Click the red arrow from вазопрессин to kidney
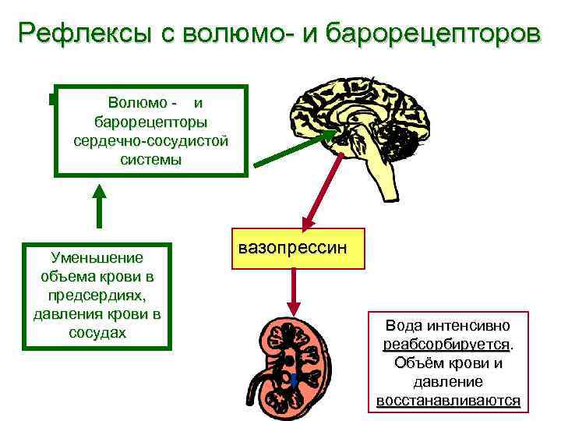click(x=295, y=292)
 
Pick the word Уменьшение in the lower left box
click(x=97, y=257)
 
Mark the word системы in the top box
click(x=151, y=160)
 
